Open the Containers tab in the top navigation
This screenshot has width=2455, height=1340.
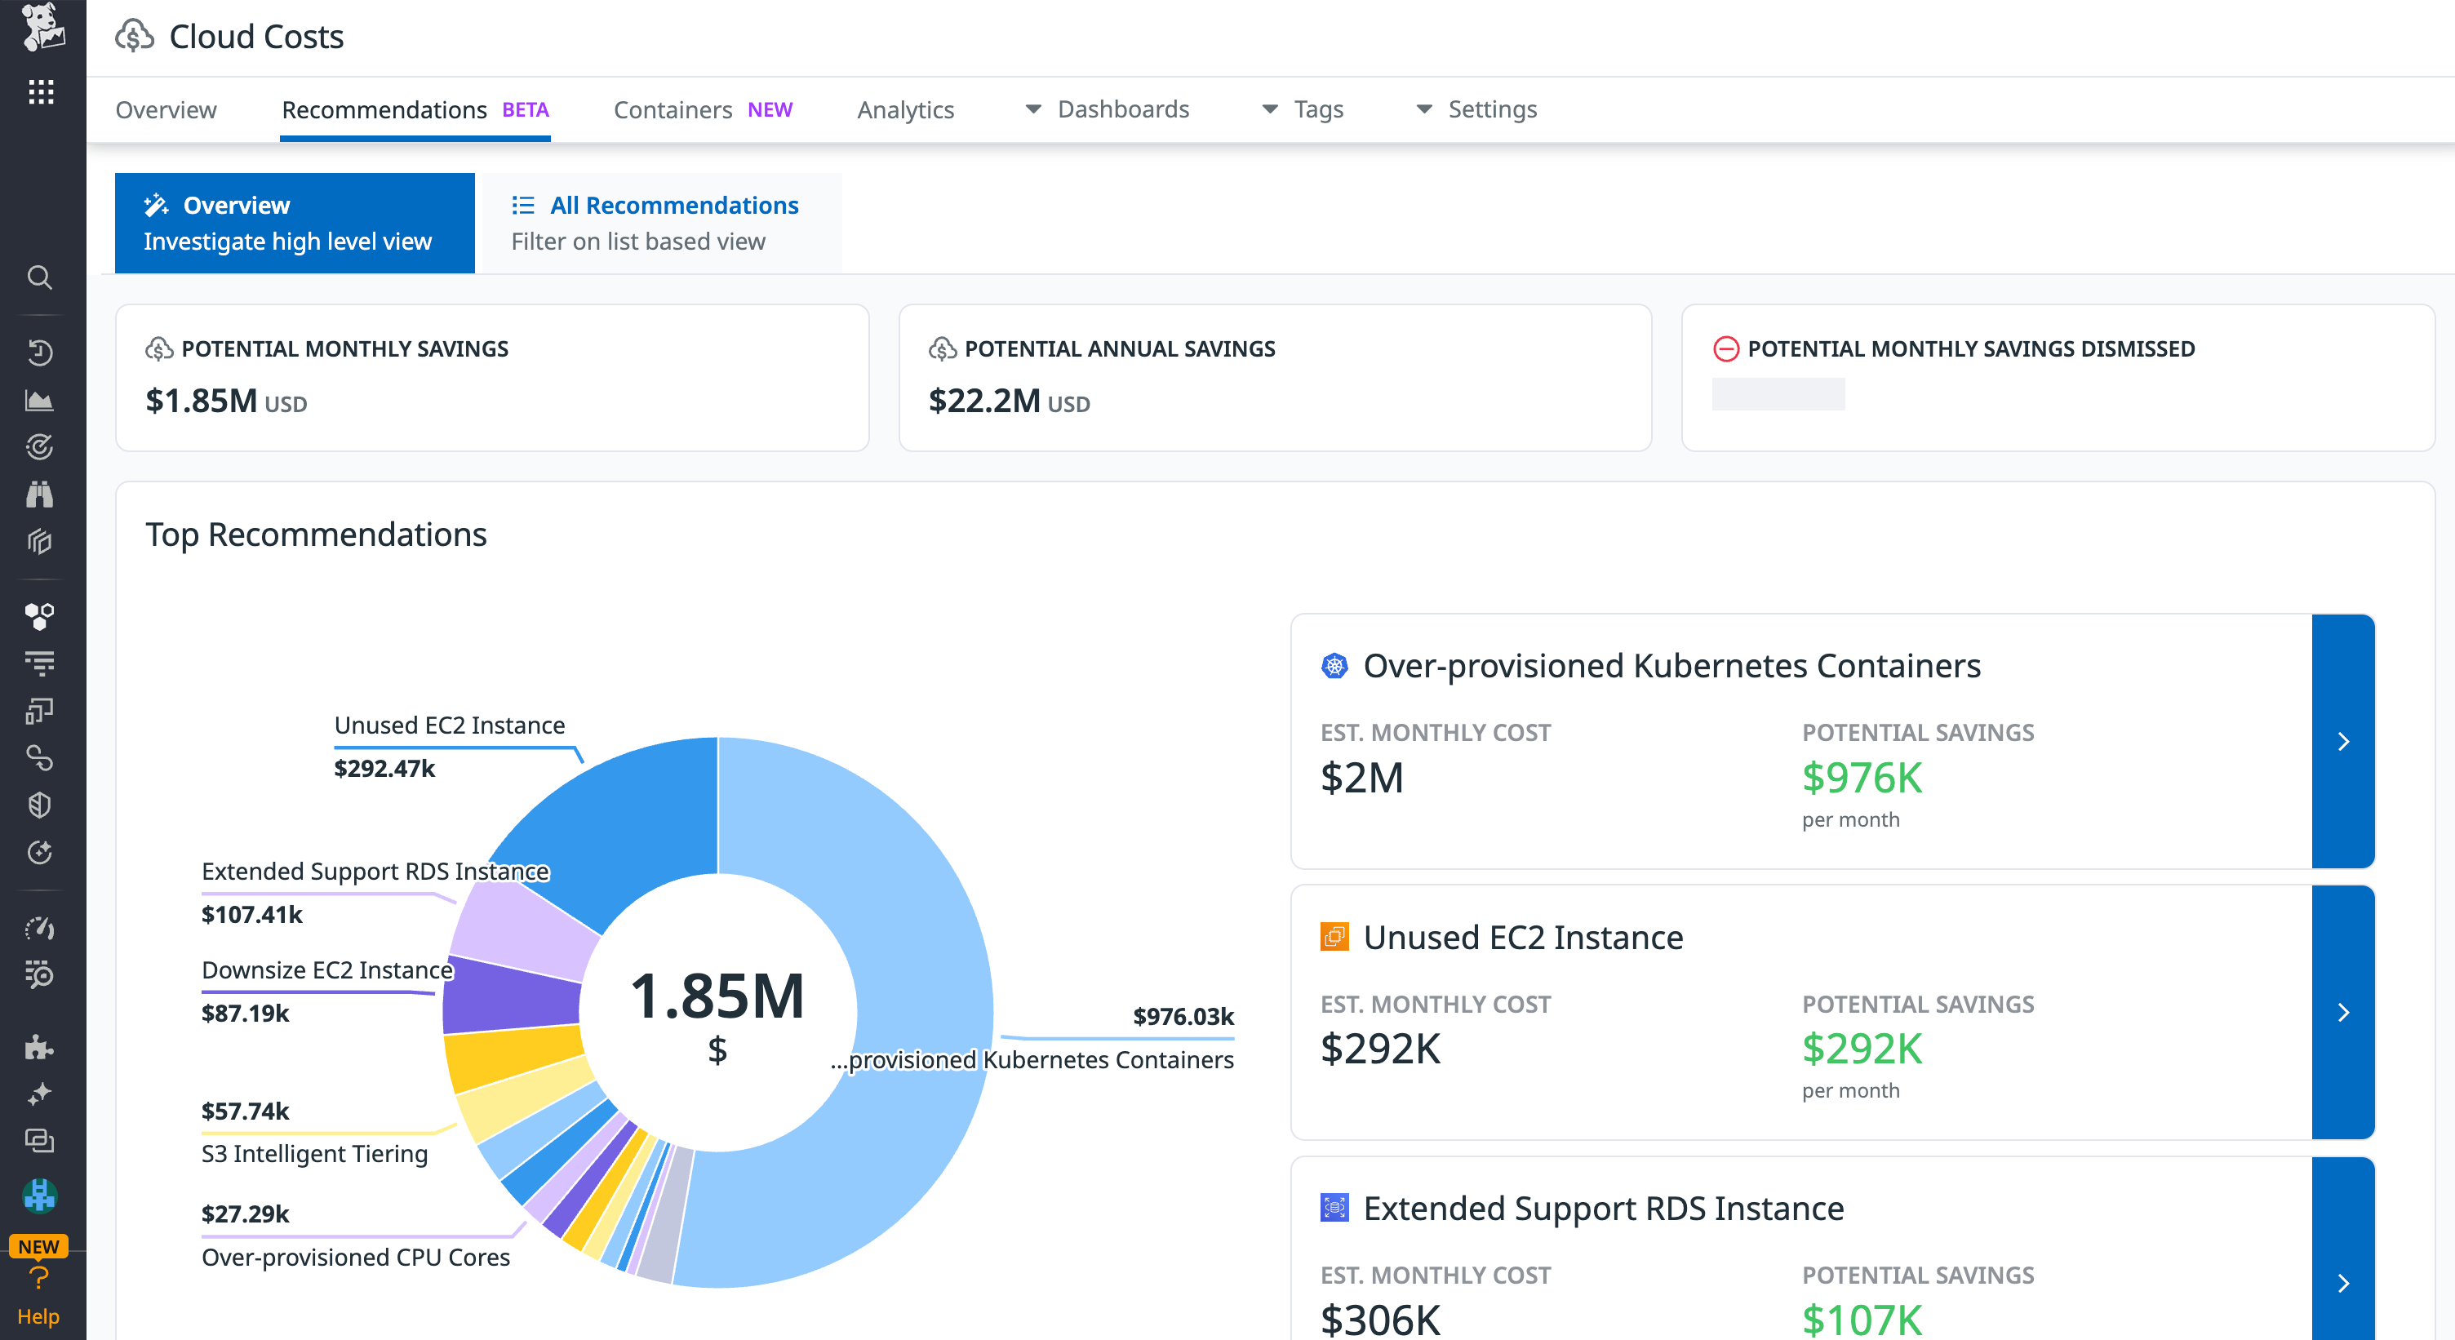673,109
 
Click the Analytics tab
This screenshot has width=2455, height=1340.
904,109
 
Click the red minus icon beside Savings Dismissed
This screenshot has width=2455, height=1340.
1725,348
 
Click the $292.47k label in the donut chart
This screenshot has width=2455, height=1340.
384,768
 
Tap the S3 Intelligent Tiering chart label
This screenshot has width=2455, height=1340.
314,1153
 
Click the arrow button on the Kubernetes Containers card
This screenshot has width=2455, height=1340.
2342,742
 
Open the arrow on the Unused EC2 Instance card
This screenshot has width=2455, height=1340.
2342,1012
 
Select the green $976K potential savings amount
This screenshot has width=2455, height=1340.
1862,778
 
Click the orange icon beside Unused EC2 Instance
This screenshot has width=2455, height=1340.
1334,937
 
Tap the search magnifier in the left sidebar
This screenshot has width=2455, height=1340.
40,277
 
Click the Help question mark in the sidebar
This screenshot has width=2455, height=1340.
39,1278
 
